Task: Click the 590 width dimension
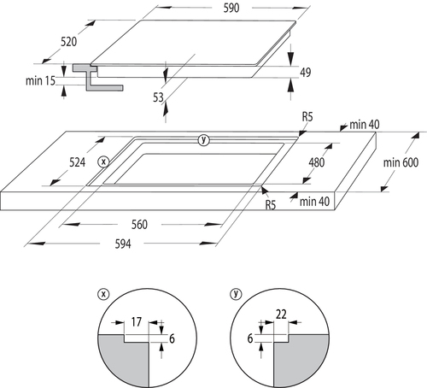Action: click(x=231, y=8)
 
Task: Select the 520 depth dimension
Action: click(x=68, y=42)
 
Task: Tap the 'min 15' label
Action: click(x=40, y=80)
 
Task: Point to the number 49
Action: click(x=306, y=73)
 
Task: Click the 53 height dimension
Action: click(x=158, y=97)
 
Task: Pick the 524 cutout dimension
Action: click(x=77, y=162)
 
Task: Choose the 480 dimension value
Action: click(x=316, y=162)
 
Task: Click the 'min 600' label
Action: click(x=401, y=162)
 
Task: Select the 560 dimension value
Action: click(x=139, y=225)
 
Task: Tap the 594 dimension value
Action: click(x=123, y=244)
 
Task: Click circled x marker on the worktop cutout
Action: click(x=103, y=162)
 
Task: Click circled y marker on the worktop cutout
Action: click(x=203, y=140)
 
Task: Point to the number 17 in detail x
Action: click(x=136, y=322)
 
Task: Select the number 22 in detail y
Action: click(x=281, y=315)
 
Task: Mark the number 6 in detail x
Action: click(x=172, y=338)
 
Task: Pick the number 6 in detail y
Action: click(x=250, y=338)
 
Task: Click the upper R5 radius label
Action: click(x=307, y=117)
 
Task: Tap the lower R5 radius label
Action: click(x=271, y=205)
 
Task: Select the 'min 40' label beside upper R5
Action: click(x=365, y=125)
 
